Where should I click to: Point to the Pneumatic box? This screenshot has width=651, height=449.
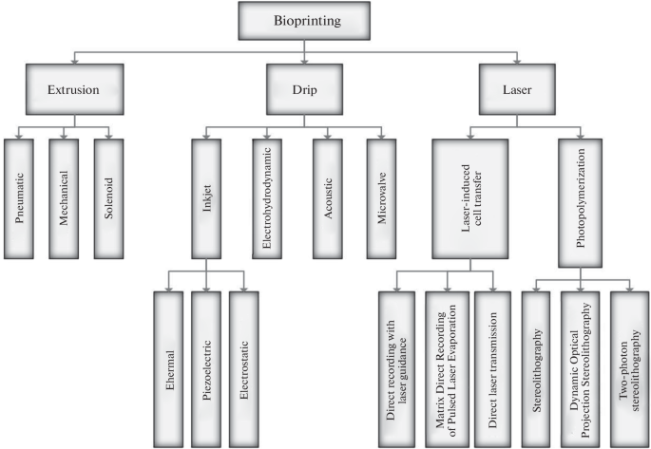[x=24, y=197]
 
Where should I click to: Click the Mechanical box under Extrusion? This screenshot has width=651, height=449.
[x=68, y=197]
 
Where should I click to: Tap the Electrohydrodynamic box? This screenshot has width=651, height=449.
[x=269, y=197]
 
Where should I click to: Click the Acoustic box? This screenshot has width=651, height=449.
[x=329, y=197]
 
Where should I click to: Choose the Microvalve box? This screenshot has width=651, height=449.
[x=387, y=197]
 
